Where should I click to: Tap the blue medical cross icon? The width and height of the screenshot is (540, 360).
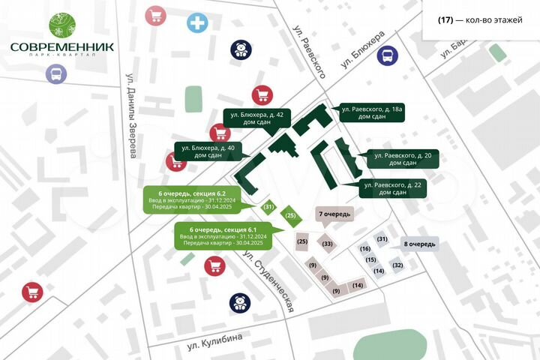(x=198, y=23)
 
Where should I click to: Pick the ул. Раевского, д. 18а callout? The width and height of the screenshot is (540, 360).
(x=372, y=113)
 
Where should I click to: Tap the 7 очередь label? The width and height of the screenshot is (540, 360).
(x=333, y=214)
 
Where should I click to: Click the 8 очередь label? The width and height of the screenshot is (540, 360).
(x=418, y=244)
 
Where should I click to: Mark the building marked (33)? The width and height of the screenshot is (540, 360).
(x=327, y=244)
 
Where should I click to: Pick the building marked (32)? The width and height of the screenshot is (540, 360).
(x=397, y=265)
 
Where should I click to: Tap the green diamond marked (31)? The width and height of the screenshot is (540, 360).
(x=268, y=206)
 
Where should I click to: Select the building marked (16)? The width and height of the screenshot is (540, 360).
(x=366, y=248)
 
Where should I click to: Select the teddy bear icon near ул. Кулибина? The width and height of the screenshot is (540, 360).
(x=239, y=303)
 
